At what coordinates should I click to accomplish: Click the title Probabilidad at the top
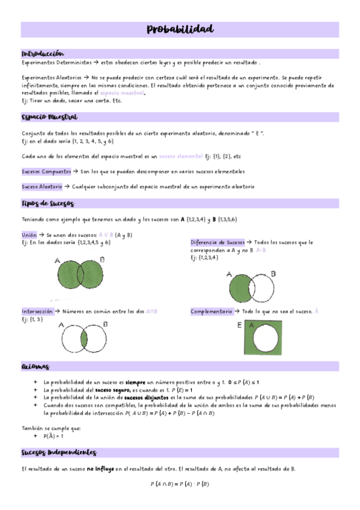(180, 29)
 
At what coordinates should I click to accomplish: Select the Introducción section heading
(43, 54)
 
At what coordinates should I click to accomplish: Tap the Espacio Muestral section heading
(49, 117)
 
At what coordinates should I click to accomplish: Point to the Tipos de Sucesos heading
(48, 204)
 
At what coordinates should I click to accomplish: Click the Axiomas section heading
(36, 366)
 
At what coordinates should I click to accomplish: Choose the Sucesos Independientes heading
(59, 452)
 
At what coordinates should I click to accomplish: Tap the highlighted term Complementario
(212, 312)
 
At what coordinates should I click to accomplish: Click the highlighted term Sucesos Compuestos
(41, 172)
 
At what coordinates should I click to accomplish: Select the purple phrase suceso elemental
(181, 156)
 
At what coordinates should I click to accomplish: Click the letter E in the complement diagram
(240, 325)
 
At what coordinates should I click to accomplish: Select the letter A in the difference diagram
(228, 274)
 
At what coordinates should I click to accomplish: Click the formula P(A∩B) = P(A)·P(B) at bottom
(180, 484)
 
